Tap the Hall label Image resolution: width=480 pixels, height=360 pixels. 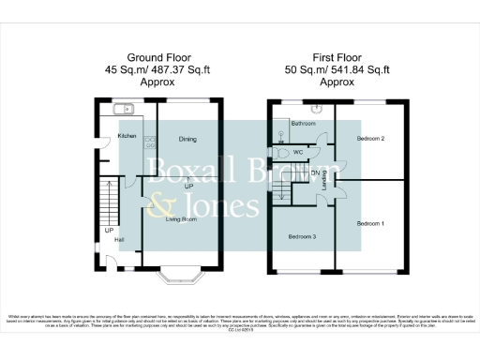tap(119, 240)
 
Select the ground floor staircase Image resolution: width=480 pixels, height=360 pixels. tap(109, 202)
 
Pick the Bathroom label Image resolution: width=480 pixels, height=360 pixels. tap(302, 124)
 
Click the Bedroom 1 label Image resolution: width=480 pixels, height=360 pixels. tap(371, 224)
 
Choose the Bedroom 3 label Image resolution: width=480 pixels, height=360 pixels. tap(301, 236)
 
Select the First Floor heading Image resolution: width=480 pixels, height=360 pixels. tap(337, 56)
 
